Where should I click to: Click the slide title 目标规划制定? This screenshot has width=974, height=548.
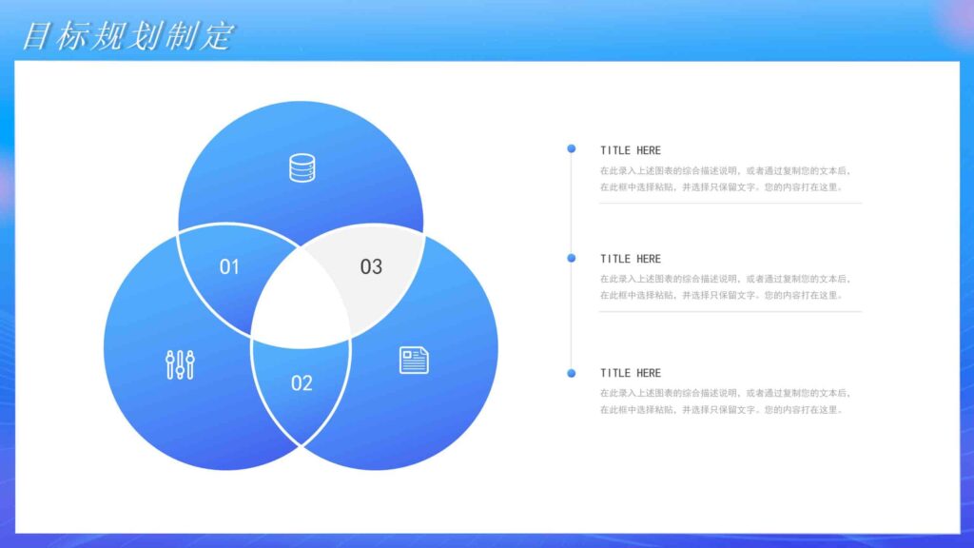pos(127,36)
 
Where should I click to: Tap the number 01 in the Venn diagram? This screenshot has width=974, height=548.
pos(229,267)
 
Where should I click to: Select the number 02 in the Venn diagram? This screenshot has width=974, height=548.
pos(302,383)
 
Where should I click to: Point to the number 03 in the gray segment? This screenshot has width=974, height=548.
pos(371,267)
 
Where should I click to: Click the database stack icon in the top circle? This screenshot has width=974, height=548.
pos(302,168)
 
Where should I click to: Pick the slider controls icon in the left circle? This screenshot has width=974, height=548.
pos(180,364)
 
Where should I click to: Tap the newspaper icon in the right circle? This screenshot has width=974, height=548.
pos(414,360)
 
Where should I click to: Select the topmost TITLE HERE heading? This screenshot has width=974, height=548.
pos(630,150)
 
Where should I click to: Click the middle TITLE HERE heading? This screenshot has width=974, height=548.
pos(630,259)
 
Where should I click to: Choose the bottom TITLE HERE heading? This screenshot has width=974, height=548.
pos(630,373)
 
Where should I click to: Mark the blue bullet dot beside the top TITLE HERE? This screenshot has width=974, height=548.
pos(571,148)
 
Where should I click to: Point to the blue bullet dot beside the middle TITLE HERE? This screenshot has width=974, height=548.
pos(571,258)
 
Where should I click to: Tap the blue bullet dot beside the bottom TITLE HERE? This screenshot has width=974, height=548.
pos(571,373)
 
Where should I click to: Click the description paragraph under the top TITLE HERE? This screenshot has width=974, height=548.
pos(725,179)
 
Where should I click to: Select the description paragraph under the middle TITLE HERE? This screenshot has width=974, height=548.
pos(725,287)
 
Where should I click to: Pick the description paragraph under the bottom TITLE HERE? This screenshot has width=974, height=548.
pos(725,401)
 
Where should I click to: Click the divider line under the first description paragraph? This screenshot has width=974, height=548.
pos(730,203)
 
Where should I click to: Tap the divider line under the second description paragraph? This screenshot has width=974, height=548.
pos(730,311)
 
